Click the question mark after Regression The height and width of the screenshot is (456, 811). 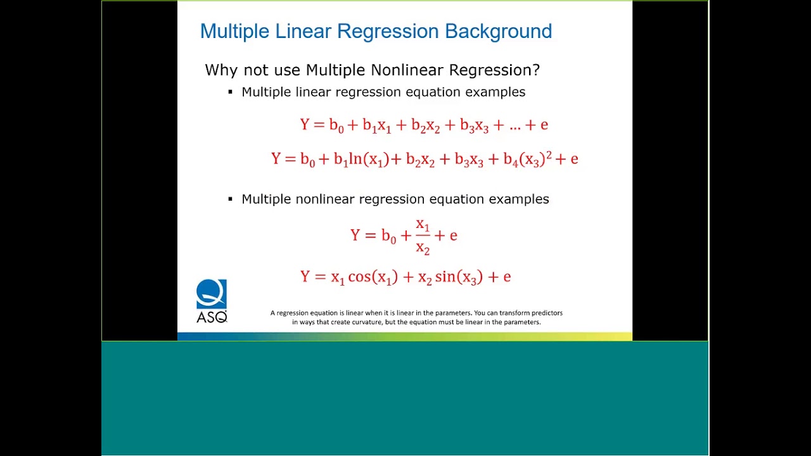click(536, 70)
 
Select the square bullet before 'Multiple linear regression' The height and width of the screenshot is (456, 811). click(231, 92)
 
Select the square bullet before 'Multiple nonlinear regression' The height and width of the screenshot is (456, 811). click(231, 199)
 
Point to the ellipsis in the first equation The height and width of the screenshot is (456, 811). click(514, 125)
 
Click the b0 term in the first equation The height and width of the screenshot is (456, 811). click(336, 125)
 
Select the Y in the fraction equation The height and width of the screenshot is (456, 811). click(355, 236)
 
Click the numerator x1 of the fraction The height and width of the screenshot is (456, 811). click(423, 225)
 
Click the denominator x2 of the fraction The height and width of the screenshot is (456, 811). click(423, 248)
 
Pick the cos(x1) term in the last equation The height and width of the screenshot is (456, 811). click(373, 277)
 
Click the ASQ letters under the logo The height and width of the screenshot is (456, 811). click(212, 317)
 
